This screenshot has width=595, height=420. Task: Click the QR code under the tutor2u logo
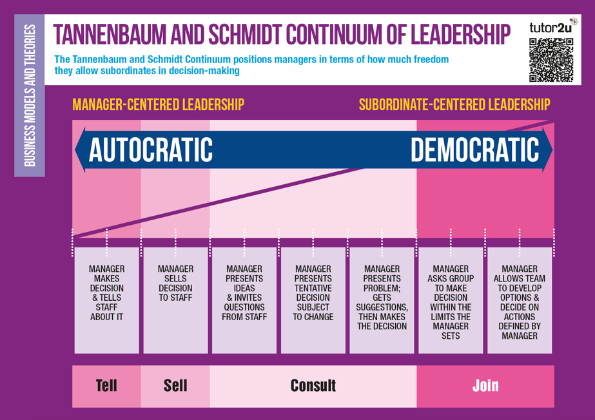[551, 60]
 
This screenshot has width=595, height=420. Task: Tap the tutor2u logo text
[551, 28]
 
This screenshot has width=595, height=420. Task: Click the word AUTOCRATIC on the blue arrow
[151, 149]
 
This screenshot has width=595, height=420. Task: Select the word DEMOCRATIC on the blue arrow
[474, 149]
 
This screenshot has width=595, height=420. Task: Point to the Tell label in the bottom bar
[106, 385]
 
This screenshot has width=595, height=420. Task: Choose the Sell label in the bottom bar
[175, 385]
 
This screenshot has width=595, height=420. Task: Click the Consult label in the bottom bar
[313, 385]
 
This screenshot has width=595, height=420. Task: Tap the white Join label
[485, 385]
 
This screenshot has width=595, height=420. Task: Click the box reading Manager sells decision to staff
[176, 300]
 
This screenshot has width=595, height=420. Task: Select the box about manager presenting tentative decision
[313, 300]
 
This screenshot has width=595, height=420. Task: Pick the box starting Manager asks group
[451, 300]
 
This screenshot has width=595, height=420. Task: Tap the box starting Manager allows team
[520, 300]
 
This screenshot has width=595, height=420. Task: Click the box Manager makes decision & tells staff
[106, 300]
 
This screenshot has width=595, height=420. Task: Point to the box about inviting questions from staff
[244, 300]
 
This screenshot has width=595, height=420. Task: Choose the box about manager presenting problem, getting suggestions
[382, 300]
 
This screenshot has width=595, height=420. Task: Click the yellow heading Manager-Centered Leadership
[158, 104]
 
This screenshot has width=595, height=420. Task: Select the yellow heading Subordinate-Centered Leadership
[454, 104]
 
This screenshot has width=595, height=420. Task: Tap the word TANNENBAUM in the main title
[110, 35]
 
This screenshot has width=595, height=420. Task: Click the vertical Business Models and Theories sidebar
[30, 95]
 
